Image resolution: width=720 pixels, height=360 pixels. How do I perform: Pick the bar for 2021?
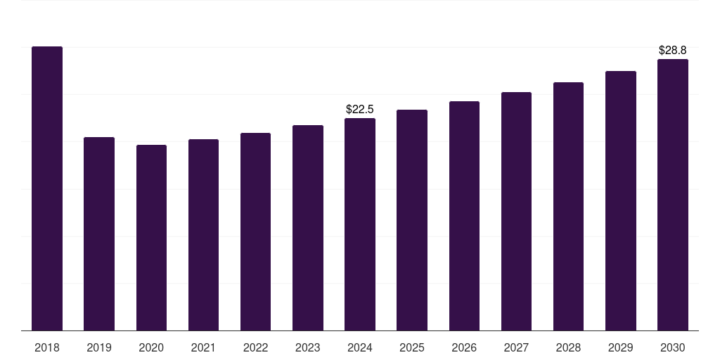[x=203, y=235]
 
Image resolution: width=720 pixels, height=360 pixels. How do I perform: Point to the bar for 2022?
[x=255, y=231]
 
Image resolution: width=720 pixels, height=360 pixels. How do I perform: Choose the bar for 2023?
[x=308, y=228]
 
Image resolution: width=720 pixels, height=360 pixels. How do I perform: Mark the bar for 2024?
[x=360, y=224]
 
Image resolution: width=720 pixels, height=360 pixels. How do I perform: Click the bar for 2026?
[x=464, y=216]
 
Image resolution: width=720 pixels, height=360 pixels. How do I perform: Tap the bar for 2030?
[x=672, y=195]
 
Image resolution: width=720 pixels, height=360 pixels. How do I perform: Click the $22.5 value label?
[x=360, y=109]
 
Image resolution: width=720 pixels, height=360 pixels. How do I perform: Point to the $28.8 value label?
[x=672, y=51]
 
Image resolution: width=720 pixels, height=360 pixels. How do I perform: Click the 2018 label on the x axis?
[x=47, y=347]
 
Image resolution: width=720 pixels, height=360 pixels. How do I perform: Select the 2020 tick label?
[x=151, y=347]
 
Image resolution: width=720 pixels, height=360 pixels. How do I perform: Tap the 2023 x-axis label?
[x=308, y=347]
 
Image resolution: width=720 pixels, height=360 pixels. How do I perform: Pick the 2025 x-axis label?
[x=412, y=347]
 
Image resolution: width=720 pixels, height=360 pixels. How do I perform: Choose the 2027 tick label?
[x=516, y=347]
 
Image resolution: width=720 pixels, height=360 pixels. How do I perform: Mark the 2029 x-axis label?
[x=620, y=347]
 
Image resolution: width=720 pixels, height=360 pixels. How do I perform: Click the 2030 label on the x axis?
[x=672, y=347]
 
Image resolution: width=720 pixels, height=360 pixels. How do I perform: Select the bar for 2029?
[x=620, y=200]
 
